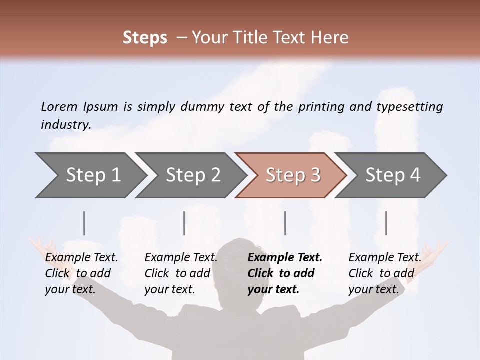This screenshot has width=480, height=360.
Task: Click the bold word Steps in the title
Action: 145,37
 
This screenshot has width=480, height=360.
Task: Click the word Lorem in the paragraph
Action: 59,106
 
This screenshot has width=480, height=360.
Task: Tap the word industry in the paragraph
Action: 66,124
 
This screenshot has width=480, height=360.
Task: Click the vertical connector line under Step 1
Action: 84,223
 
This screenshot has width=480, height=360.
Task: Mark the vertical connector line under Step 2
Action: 184,223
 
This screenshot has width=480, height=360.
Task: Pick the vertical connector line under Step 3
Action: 285,223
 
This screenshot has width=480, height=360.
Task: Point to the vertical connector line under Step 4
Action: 386,223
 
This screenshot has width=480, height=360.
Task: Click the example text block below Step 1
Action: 81,273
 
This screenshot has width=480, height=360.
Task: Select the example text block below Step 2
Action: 180,273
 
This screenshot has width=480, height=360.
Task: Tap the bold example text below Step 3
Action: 284,273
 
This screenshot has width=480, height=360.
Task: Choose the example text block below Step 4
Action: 384,273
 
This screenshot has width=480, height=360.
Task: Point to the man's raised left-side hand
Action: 40,246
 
